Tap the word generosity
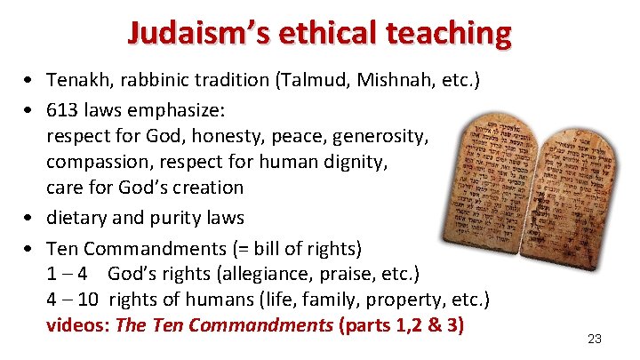click(382, 138)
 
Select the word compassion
click(99, 163)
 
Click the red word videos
click(76, 325)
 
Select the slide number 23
click(595, 339)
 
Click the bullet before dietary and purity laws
click(30, 219)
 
